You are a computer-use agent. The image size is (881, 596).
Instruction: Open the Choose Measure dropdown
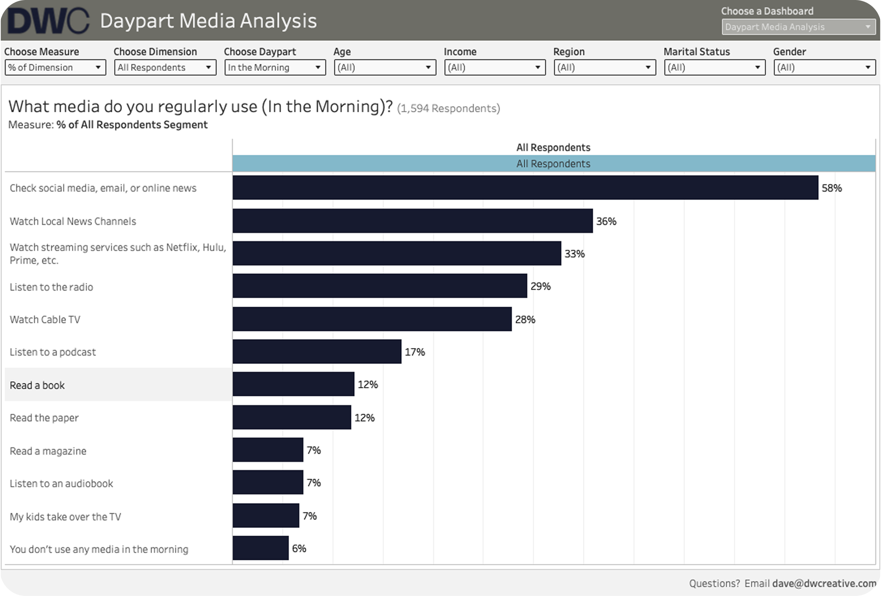55,68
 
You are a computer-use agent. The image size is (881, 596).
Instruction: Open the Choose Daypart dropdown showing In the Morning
275,68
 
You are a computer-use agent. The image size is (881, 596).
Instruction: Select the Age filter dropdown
385,68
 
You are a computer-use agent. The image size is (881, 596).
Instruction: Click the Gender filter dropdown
825,68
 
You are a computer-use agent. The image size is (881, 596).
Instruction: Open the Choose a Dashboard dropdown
798,27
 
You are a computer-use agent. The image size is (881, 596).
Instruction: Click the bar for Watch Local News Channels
413,221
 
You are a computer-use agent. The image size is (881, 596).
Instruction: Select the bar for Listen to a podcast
317,352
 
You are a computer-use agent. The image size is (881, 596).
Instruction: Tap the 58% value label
832,188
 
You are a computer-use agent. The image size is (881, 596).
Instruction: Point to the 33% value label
575,254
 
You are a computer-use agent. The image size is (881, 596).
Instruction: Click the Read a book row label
37,385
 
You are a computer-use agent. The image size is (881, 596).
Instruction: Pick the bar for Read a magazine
268,450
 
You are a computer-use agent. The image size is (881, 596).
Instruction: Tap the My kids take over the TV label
65,517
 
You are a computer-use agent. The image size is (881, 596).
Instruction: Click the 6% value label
299,549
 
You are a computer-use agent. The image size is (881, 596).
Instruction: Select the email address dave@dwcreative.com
824,583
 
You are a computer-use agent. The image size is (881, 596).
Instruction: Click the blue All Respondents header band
554,164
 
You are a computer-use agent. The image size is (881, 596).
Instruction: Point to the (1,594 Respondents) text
449,109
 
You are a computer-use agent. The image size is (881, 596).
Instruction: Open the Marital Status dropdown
715,68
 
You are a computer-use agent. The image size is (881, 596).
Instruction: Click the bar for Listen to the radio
380,286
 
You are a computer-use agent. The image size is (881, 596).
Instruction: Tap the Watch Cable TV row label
45,320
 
